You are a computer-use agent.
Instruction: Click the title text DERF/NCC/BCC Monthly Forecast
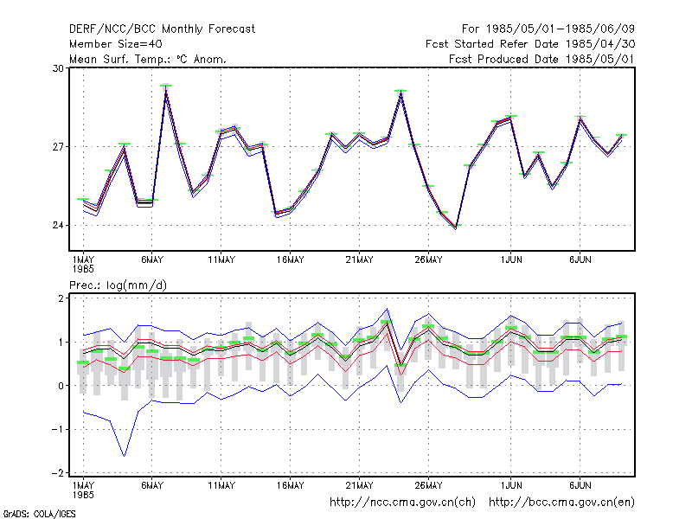tap(162, 29)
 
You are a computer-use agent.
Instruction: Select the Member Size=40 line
tap(116, 44)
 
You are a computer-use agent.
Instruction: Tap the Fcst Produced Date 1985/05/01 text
tap(541, 59)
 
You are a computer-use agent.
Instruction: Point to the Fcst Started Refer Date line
tap(530, 44)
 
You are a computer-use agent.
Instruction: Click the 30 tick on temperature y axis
tap(58, 68)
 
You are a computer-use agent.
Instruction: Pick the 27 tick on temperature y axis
tap(58, 146)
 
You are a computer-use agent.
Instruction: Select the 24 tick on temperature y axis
tap(58, 225)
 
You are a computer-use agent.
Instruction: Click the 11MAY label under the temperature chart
tap(221, 260)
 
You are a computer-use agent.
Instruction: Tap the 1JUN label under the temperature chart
tap(511, 260)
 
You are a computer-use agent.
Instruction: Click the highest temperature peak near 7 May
tap(166, 90)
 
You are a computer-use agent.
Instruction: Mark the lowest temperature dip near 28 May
tap(456, 227)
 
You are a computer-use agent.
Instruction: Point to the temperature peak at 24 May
tap(400, 93)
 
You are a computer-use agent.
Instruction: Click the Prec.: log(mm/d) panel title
tap(118, 285)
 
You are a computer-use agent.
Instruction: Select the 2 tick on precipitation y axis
tap(61, 298)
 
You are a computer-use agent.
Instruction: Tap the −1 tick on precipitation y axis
tap(58, 429)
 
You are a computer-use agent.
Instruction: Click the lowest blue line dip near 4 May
tap(124, 456)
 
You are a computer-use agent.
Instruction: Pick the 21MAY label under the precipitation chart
tap(359, 485)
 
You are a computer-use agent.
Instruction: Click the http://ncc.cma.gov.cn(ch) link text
tap(402, 503)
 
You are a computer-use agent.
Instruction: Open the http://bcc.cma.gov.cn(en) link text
tap(561, 503)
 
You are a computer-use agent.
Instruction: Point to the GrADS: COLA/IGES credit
tap(40, 514)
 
